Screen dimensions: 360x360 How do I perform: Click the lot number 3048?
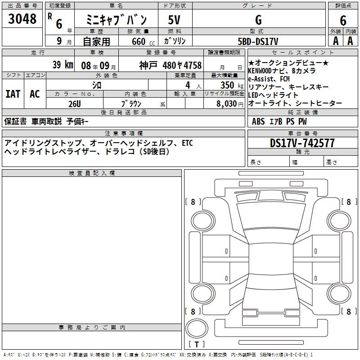coord(22,18)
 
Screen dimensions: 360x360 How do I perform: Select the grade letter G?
coord(258,20)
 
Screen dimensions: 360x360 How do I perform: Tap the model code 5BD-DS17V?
coord(258,41)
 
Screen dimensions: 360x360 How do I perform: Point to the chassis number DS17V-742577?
coord(302,143)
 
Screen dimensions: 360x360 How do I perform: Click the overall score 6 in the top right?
coord(343,20)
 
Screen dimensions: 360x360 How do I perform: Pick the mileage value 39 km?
coord(63,64)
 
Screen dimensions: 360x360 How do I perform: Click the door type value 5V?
coord(174,20)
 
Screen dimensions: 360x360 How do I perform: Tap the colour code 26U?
coord(75,104)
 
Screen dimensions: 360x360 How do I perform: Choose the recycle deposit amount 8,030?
coord(227,103)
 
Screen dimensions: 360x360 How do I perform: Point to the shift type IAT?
coord(13,94)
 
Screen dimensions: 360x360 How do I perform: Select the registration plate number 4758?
coord(193,65)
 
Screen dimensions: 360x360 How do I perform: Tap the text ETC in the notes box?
coord(187,143)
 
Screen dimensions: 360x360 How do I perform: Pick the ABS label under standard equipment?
coord(258,121)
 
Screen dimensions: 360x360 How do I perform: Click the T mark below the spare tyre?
coord(197,344)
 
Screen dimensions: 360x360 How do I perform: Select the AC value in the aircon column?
coord(35,94)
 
